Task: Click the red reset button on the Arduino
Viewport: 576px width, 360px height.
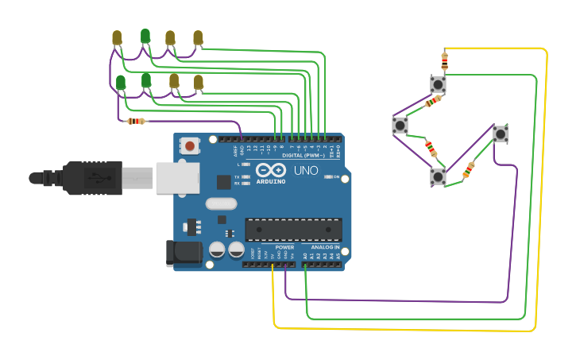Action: (x=191, y=145)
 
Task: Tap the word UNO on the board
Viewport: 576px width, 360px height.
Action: (x=306, y=171)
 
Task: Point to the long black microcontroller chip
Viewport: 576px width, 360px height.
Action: (x=293, y=230)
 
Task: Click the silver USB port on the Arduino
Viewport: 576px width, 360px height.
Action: (x=177, y=178)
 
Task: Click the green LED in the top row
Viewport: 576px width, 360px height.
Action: (x=145, y=36)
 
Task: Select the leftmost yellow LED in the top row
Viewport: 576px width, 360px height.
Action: (x=117, y=37)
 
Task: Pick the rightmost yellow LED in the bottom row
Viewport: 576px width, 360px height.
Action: (x=199, y=82)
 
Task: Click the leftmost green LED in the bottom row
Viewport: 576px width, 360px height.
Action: (x=121, y=82)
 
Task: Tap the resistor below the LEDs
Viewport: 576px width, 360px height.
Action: (x=137, y=122)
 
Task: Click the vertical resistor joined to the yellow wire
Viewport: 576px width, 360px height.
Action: (x=444, y=59)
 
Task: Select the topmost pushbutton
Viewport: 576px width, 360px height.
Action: (x=438, y=83)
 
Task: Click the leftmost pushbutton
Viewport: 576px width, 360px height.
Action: (x=400, y=125)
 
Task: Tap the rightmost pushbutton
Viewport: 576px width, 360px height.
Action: (x=501, y=134)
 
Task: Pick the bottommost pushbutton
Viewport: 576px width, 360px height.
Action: (x=438, y=176)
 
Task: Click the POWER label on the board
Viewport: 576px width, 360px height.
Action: (x=284, y=247)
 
